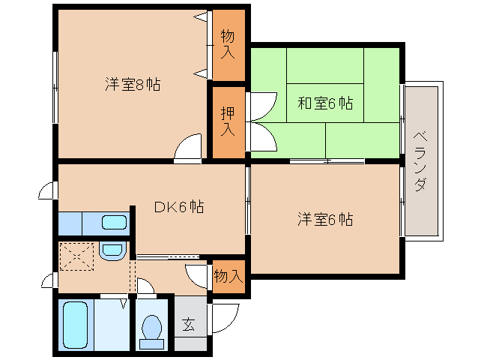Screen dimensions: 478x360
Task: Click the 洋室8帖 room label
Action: pos(133,84)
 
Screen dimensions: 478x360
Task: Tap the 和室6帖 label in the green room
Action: pos(325,103)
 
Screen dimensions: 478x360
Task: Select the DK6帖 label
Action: pos(179,207)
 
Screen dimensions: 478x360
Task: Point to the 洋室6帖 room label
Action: pos(325,219)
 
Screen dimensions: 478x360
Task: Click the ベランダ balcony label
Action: pos(420,161)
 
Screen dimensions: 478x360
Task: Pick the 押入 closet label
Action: pos(228,121)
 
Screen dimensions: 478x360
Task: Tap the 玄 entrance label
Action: pos(188,324)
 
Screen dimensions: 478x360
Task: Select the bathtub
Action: pos(76,325)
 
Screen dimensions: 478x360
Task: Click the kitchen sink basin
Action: pos(114,223)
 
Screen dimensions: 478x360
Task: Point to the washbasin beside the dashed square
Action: pos(112,252)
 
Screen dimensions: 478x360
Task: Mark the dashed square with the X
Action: pos(76,256)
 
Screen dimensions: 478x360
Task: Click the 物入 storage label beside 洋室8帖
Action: pos(228,43)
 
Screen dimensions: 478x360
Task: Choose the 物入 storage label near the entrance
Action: pos(229,277)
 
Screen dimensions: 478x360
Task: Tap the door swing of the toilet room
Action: pos(145,286)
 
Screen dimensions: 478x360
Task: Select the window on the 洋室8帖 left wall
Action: pos(55,88)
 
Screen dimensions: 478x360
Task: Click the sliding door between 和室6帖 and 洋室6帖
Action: pos(327,161)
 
